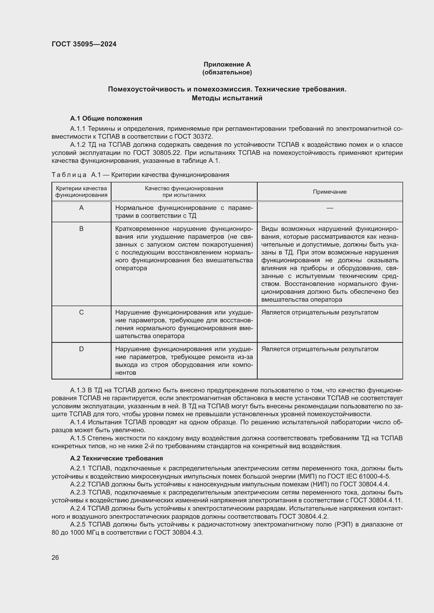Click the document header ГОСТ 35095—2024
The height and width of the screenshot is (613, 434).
click(x=84, y=44)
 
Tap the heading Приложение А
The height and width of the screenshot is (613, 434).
click(x=227, y=64)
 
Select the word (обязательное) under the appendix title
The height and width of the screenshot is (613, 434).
click(x=227, y=72)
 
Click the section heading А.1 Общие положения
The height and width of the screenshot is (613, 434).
click(x=106, y=118)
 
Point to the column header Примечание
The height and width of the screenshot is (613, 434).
click(x=330, y=192)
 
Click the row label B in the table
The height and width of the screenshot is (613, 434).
click(x=81, y=229)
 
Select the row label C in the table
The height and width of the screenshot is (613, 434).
click(x=81, y=312)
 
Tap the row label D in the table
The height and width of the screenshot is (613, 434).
click(x=81, y=349)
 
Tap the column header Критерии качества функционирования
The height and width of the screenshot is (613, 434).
click(x=81, y=192)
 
